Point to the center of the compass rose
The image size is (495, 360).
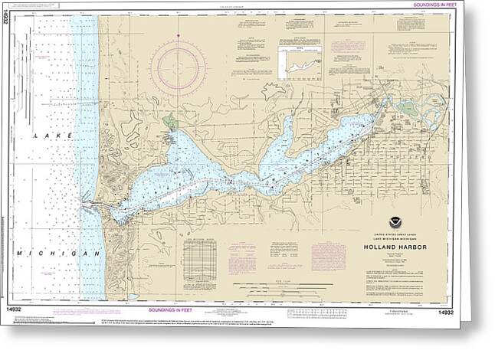coord(178,63)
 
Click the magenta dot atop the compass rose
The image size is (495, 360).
coord(178,35)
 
